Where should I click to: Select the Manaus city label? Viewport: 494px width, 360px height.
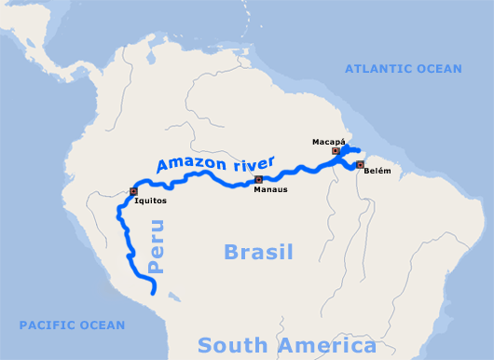click(x=270, y=189)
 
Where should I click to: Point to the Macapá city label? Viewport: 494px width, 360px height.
click(x=327, y=141)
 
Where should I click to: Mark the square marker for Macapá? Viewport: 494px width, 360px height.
click(x=335, y=150)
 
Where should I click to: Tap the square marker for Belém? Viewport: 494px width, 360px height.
click(x=360, y=165)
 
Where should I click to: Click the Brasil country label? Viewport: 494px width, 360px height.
click(x=258, y=252)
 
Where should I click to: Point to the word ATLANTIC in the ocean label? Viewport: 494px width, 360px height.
click(x=381, y=69)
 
